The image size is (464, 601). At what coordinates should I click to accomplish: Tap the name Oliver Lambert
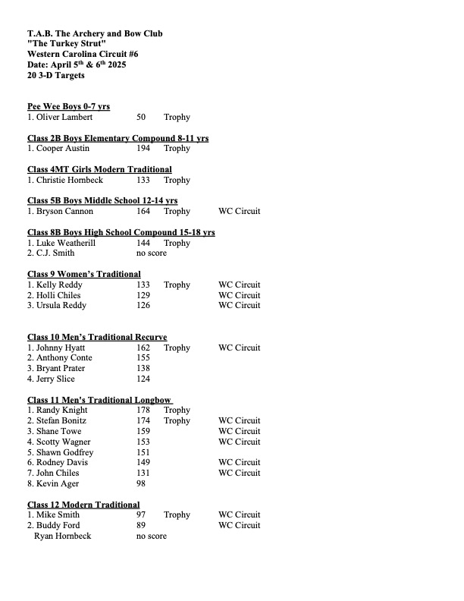point(60,118)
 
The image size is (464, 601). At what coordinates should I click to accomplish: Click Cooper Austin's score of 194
point(143,149)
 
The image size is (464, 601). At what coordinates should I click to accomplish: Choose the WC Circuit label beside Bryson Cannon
point(239,212)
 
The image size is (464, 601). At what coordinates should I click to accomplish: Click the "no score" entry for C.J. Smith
point(152,253)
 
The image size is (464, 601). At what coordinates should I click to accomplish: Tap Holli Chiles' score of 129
point(143,295)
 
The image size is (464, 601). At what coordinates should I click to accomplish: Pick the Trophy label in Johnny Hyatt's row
point(177,348)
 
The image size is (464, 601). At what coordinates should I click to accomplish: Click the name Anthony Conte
point(60,358)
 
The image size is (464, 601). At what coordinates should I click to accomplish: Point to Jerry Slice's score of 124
point(143,379)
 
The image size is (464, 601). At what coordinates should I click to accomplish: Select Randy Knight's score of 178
point(143,411)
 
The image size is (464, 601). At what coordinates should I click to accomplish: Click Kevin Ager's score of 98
point(141,483)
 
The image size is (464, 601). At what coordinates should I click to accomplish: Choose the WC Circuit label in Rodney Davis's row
point(239,462)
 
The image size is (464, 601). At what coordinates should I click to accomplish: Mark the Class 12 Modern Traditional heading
point(83,505)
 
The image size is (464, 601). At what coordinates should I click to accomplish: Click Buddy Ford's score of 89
point(141,525)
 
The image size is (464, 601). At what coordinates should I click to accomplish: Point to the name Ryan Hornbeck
point(63,536)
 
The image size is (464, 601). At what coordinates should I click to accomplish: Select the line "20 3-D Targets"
point(56,76)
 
